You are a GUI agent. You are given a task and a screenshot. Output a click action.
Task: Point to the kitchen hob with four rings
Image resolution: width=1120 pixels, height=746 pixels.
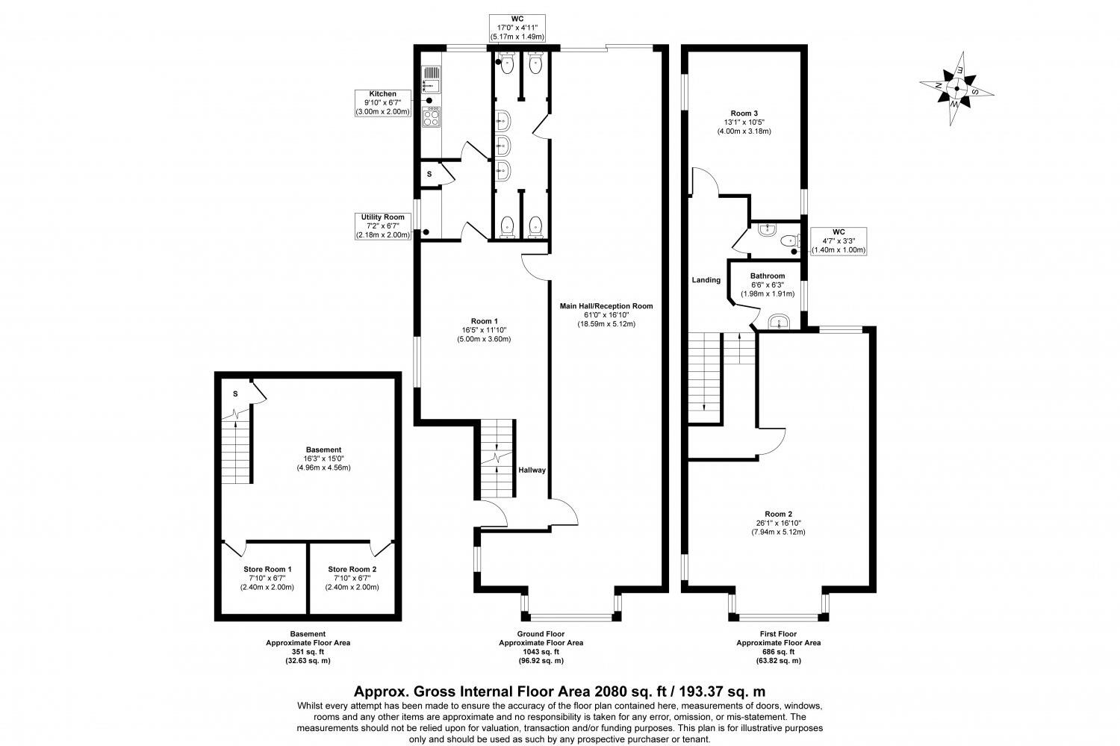(x=432, y=118)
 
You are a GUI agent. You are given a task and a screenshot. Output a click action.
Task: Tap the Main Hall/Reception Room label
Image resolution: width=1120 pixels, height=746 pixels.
(x=606, y=314)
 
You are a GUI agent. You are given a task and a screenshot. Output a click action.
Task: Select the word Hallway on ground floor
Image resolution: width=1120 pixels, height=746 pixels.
(x=532, y=470)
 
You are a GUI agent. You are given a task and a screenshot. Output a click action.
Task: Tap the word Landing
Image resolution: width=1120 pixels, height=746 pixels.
(x=706, y=280)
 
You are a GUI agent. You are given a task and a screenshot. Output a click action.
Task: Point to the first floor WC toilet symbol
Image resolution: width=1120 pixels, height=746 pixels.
(x=788, y=241)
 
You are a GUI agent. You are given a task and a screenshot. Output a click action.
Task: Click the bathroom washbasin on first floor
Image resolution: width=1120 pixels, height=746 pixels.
(x=778, y=323)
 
